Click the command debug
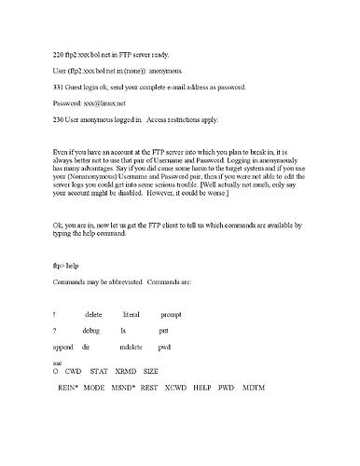[91, 331]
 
